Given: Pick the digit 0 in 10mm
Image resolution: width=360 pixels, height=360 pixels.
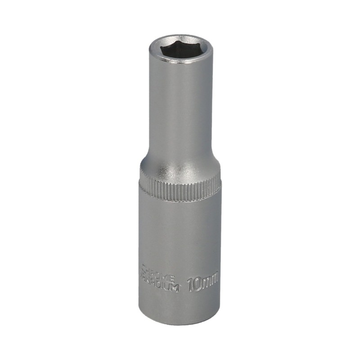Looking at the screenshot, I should (196, 284).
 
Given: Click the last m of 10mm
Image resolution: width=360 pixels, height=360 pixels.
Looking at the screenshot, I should (213, 281).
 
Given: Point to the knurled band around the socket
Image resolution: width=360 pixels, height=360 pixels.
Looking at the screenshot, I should (180, 190).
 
